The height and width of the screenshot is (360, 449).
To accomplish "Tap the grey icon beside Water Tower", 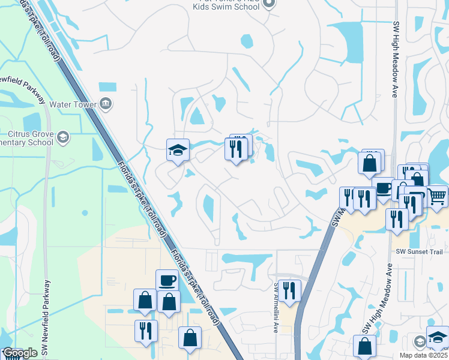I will [x=106, y=103].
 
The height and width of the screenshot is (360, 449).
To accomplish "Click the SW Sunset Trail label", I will [x=419, y=252].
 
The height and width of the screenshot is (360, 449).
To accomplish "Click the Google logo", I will [x=20, y=353].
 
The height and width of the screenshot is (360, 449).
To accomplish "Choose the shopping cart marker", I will [x=437, y=194].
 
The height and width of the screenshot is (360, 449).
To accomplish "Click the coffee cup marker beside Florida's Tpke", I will [x=167, y=280].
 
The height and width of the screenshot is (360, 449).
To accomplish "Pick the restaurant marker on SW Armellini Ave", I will [x=289, y=290].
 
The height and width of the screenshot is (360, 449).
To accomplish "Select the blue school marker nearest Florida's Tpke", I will [x=178, y=149].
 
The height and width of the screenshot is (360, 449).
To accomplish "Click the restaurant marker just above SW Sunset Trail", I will [x=397, y=218].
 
